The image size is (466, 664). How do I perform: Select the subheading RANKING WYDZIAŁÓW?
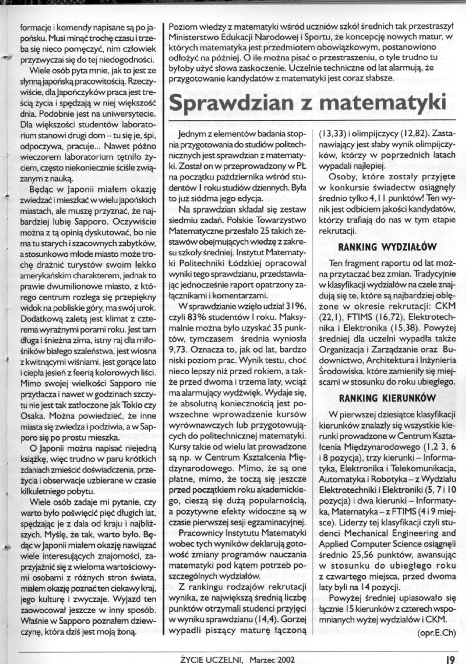tap(387, 247)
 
